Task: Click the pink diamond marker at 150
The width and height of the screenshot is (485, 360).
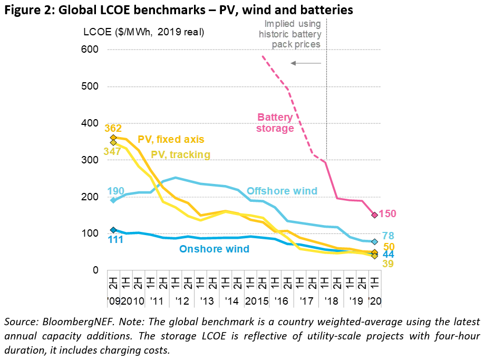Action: coord(375,215)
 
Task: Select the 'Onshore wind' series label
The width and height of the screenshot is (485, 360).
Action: coord(215,249)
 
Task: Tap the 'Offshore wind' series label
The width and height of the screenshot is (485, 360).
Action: coord(282,191)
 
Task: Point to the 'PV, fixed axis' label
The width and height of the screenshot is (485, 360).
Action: coord(171,139)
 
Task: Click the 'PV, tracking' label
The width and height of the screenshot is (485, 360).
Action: coord(181,154)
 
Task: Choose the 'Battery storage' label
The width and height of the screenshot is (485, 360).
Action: coord(275,122)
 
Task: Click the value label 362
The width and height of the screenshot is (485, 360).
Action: coord(113,128)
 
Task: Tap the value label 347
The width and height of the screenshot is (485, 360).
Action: coord(112,151)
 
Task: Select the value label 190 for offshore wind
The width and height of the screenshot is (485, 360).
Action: coord(115,191)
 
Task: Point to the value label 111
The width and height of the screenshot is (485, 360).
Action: coord(115,239)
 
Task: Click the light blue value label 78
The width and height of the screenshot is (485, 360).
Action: coord(388,236)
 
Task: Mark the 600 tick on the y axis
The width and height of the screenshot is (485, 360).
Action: coord(90,49)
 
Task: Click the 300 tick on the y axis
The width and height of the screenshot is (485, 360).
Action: coord(90,160)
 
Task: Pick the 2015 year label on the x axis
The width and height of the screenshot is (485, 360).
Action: coord(257,301)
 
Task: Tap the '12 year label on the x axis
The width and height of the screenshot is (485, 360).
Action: coord(182,301)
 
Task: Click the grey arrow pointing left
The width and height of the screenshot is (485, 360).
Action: coord(306,63)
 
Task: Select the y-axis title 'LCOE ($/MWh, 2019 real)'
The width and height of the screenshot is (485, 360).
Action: coord(144,32)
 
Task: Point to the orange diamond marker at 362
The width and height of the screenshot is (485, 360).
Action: coord(113,138)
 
